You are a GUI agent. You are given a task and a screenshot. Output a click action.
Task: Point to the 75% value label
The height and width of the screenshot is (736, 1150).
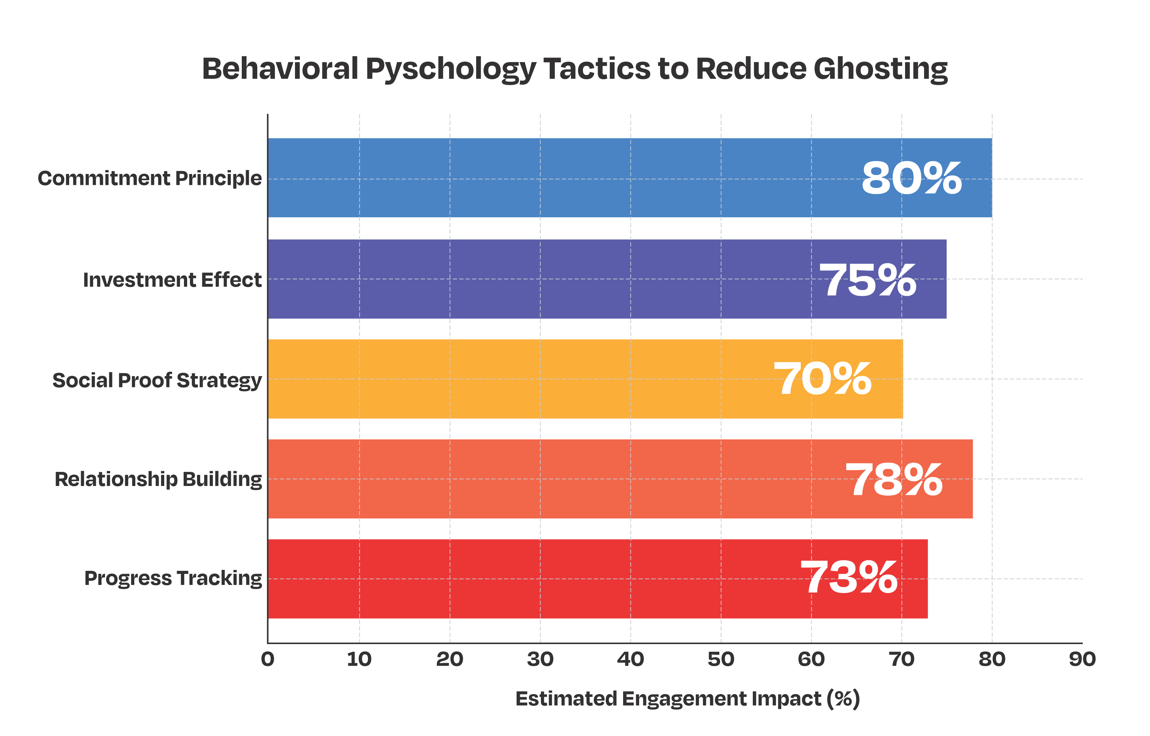pyautogui.click(x=868, y=280)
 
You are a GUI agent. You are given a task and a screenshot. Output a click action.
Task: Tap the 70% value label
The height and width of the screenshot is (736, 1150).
pyautogui.click(x=823, y=379)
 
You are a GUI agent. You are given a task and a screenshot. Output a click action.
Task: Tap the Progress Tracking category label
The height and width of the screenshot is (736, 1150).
pyautogui.click(x=173, y=578)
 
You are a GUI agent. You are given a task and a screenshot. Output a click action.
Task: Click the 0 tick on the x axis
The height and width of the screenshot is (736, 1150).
pyautogui.click(x=268, y=660)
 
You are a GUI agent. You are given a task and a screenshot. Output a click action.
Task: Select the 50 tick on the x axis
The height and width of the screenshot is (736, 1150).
pyautogui.click(x=721, y=660)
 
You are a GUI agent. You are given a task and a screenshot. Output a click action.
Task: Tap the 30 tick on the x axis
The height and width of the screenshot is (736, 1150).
pyautogui.click(x=540, y=660)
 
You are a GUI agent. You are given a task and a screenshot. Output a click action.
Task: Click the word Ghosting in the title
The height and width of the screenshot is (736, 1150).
pyautogui.click(x=880, y=70)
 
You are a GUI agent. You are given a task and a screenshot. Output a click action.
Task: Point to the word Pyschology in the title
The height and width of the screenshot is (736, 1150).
pyautogui.click(x=450, y=70)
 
